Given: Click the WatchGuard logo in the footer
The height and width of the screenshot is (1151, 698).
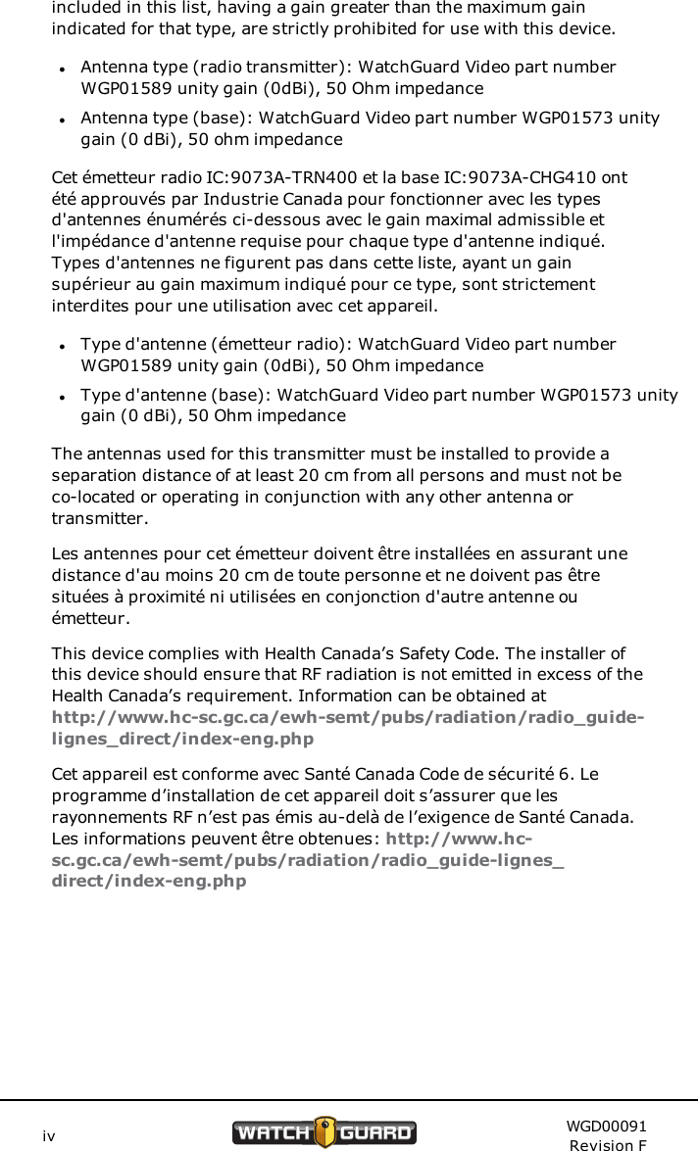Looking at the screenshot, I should [x=324, y=1132].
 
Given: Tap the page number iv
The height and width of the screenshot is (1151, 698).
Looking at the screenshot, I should [x=48, y=1136].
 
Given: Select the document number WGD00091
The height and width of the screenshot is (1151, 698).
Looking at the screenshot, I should [x=605, y=1127].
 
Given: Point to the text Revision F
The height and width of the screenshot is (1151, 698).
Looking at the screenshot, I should [x=608, y=1145].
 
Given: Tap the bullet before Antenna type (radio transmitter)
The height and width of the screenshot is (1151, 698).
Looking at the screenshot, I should [x=61, y=70].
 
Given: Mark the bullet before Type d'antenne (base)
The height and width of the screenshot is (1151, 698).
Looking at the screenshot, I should [x=61, y=398].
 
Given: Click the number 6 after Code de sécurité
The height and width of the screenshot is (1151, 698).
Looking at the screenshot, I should [x=577, y=775].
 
